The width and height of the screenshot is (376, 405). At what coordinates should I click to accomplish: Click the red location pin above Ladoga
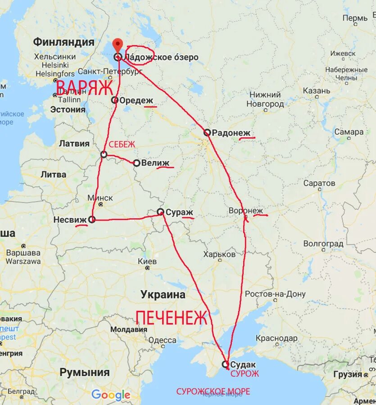coord(118,46)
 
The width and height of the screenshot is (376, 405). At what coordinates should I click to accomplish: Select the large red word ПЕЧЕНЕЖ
coord(172,318)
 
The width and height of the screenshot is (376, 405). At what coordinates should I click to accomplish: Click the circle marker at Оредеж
coord(115,100)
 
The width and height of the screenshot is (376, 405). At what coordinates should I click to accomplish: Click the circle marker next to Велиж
coord(136,163)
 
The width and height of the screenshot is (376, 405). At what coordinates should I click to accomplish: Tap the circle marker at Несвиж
coord(92,220)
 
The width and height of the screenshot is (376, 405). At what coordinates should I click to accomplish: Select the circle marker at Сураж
coord(160,211)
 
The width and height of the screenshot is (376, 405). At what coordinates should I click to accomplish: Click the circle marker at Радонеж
coord(207,132)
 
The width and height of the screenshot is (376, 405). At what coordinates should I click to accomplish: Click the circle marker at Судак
coord(225,364)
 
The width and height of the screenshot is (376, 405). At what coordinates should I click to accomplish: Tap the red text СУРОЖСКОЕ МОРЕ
coord(213,391)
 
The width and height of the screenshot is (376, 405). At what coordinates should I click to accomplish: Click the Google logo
coord(111,396)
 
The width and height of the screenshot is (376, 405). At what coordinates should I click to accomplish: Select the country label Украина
coord(163,295)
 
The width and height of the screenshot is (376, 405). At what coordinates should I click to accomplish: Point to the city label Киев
coord(148,261)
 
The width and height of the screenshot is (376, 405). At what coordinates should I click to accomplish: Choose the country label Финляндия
coord(63,42)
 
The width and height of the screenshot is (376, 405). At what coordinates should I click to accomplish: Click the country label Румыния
coord(85,372)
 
